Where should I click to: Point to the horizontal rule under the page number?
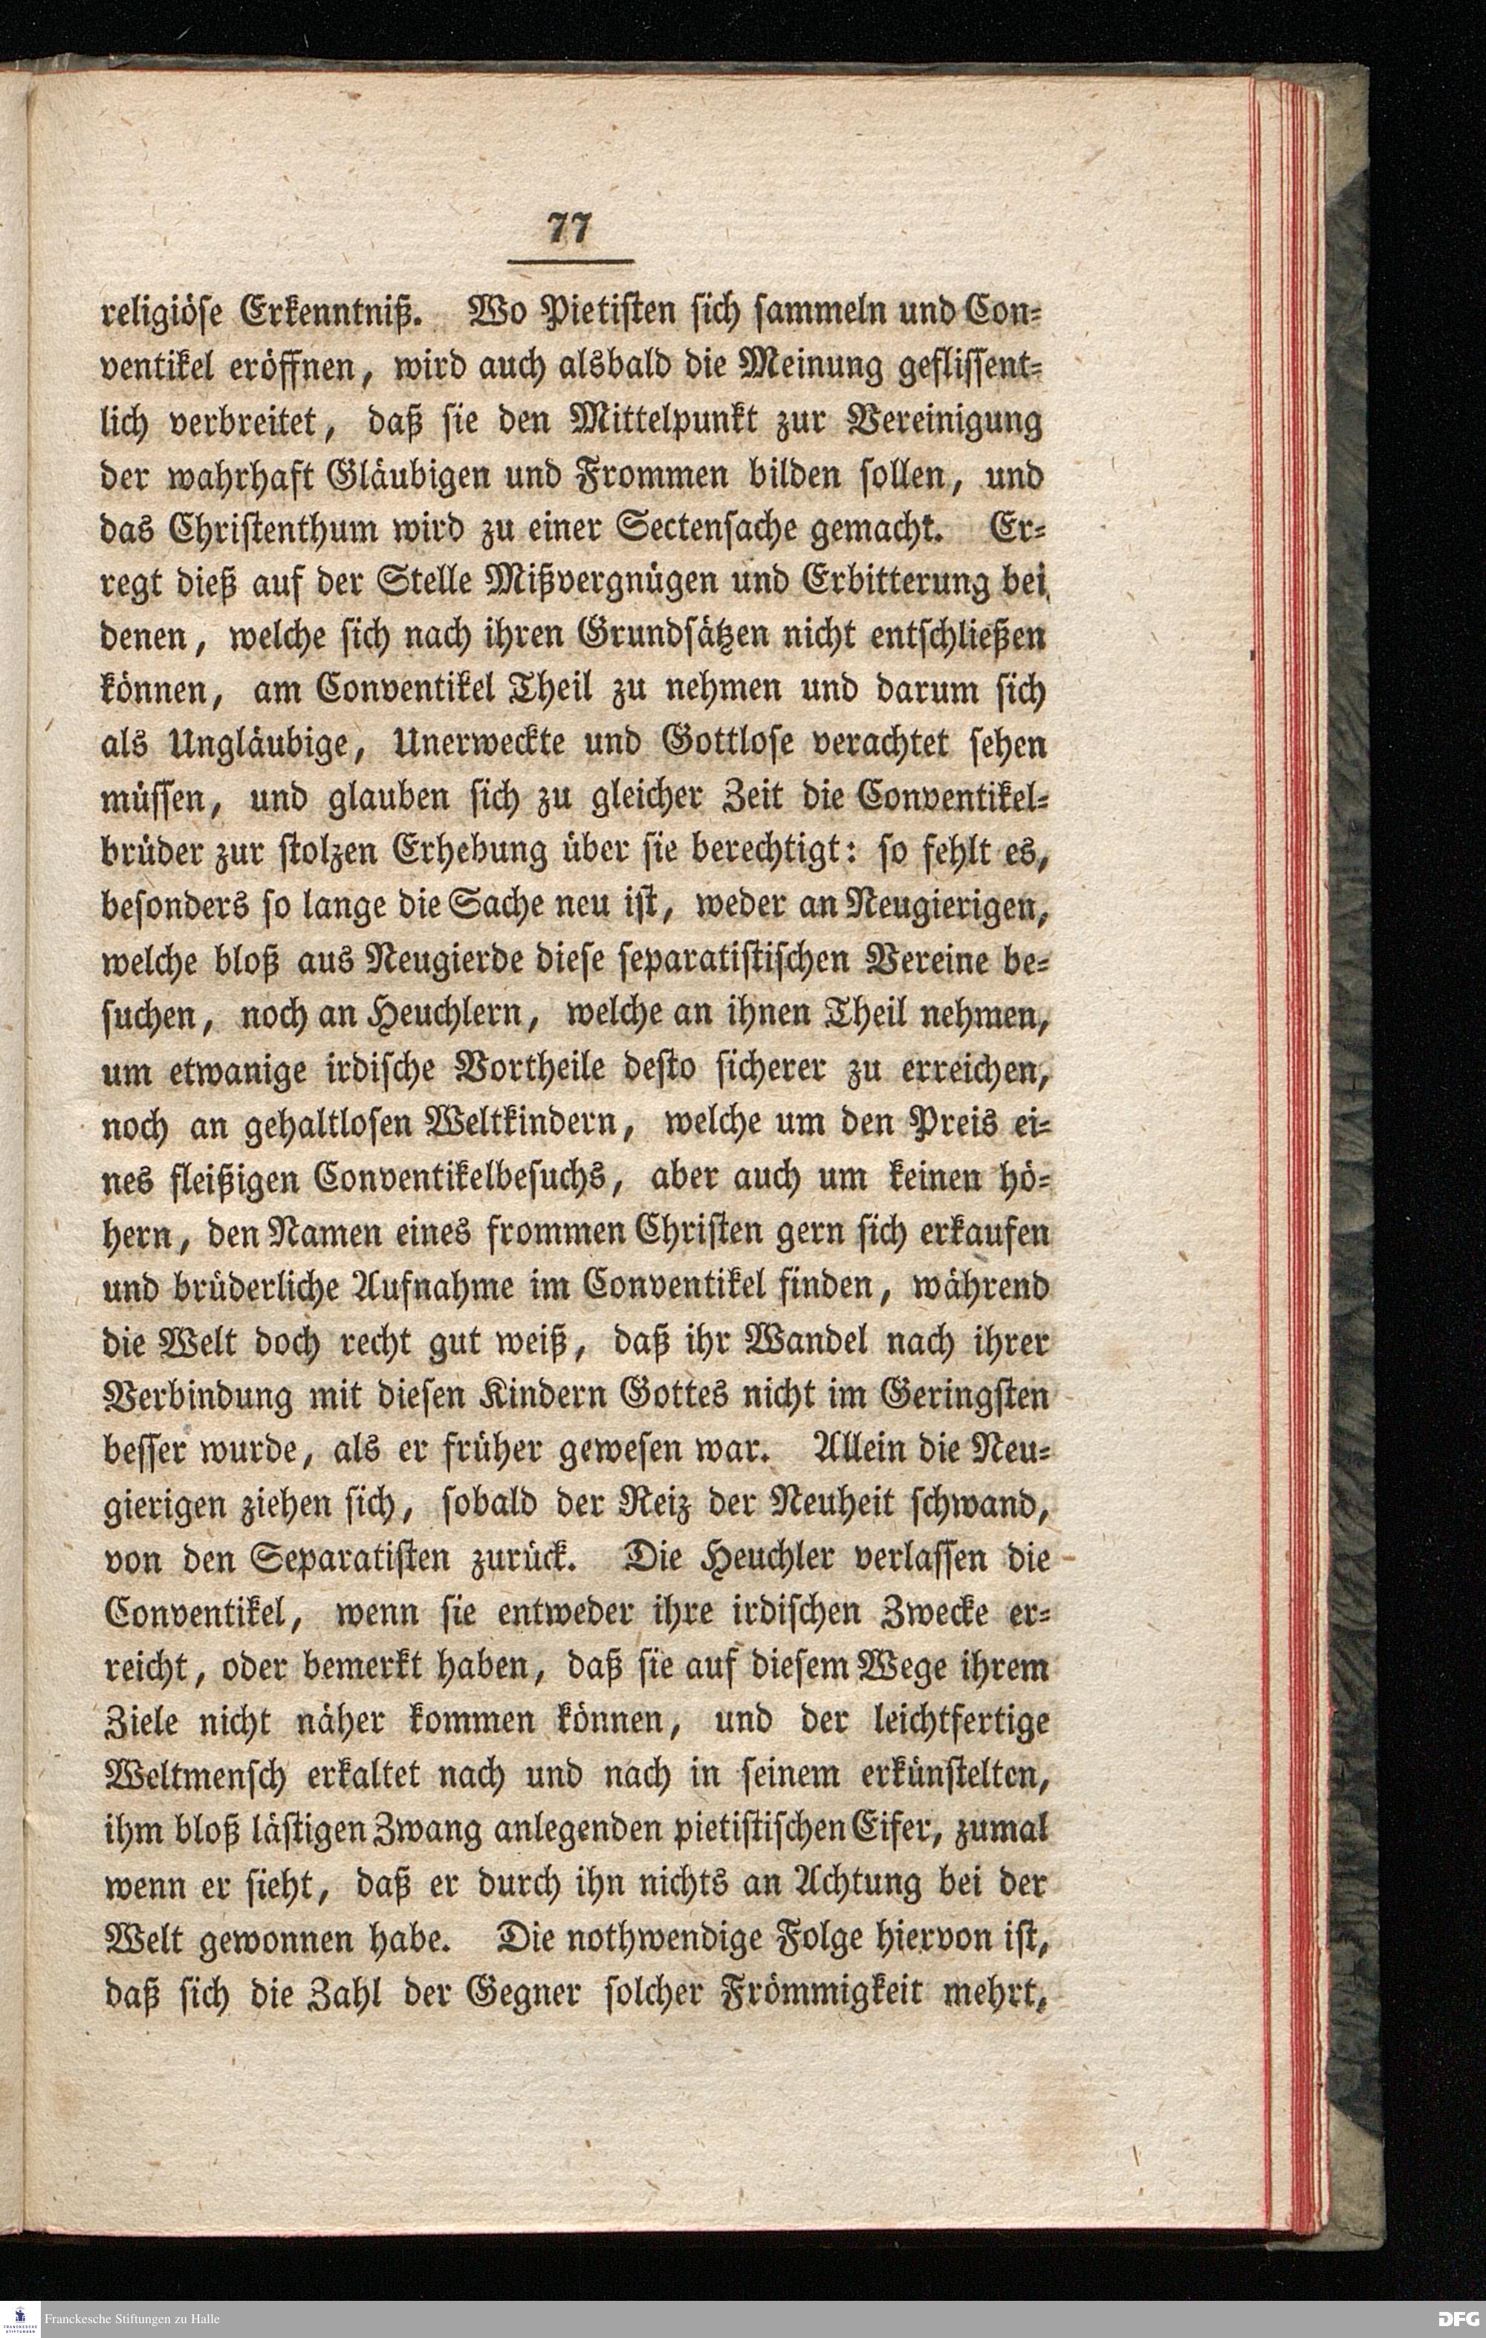pos(571,261)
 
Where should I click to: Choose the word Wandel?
pos(748,1340)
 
